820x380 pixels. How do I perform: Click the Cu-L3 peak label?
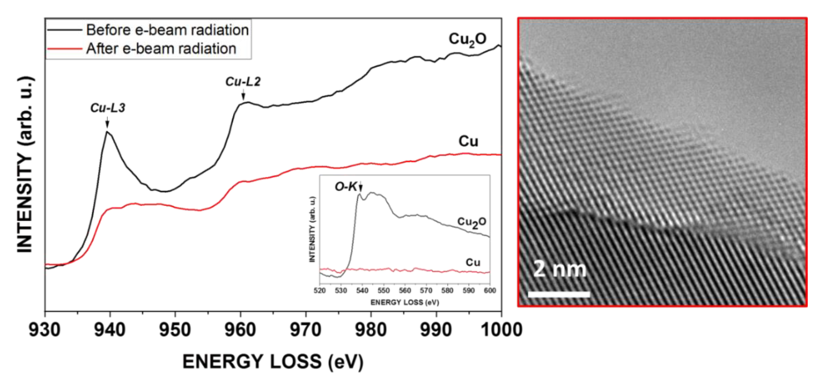[x=107, y=108]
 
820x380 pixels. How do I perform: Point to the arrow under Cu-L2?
[x=243, y=94]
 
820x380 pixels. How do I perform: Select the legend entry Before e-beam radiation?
[x=167, y=30]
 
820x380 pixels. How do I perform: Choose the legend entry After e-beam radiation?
[x=161, y=49]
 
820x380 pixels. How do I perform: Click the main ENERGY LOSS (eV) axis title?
[x=273, y=362]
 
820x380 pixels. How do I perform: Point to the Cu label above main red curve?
[x=468, y=141]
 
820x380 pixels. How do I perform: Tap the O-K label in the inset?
[x=346, y=187]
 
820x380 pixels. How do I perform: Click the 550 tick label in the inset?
[x=383, y=291]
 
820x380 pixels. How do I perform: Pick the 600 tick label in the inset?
[x=490, y=291]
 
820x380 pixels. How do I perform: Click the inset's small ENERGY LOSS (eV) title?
[x=405, y=302]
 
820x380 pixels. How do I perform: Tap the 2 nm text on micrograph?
[x=559, y=269]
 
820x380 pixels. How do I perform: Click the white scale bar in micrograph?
[x=559, y=294]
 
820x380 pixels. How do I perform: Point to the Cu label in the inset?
[x=473, y=263]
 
